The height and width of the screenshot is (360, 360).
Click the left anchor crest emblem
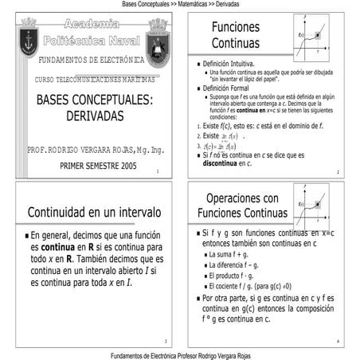coord(28,36)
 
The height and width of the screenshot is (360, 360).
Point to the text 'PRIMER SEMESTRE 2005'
coord(98,166)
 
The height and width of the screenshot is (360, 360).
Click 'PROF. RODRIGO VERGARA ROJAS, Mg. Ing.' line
coord(96,150)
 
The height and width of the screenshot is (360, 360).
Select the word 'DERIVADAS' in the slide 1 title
coord(96,116)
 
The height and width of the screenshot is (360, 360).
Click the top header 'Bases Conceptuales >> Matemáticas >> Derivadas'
coord(180,5)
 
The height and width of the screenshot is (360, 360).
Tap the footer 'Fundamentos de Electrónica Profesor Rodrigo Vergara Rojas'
coord(180,355)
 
